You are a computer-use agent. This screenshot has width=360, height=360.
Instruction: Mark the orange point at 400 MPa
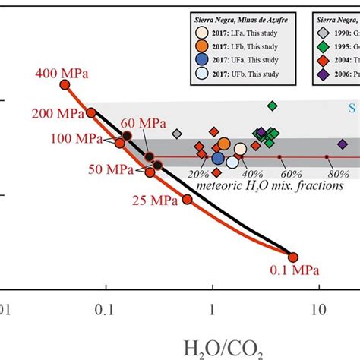coord(65,85)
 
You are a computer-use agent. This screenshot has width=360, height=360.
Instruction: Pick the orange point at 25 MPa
coord(187,199)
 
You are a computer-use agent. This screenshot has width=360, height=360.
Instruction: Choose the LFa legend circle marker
coord(201,33)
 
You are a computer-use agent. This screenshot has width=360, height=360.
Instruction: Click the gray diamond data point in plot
coord(177,134)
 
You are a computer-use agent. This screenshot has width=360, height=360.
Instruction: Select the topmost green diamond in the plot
coord(272,106)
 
